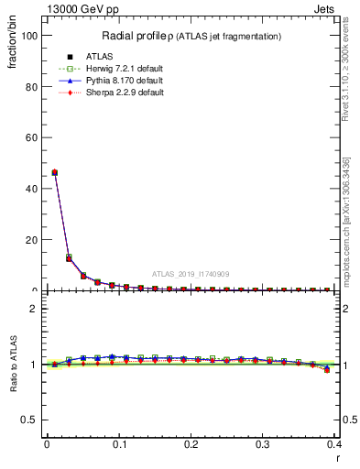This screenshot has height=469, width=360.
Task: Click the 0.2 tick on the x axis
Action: [191, 444]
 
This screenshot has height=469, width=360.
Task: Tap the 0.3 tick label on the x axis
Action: [263, 444]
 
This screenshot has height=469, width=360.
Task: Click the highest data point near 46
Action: [54, 172]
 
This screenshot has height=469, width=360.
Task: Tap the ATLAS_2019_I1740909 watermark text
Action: [190, 273]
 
